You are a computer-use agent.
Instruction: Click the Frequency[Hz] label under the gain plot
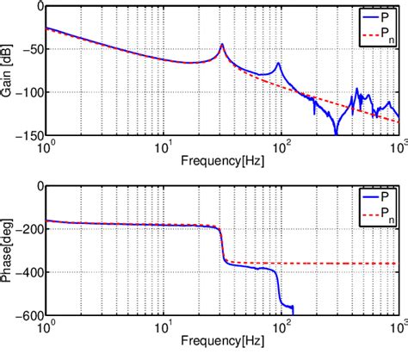click(222, 161)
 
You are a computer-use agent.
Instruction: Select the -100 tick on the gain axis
click(26, 91)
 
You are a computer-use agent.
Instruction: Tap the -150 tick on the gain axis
click(26, 134)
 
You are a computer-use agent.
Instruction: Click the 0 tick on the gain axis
click(37, 7)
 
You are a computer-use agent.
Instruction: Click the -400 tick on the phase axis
click(26, 272)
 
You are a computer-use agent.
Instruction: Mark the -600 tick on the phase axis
click(26, 314)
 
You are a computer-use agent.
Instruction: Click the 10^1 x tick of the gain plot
click(162, 146)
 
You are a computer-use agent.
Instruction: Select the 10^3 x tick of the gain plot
click(398, 146)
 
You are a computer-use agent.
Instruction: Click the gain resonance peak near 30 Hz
click(222, 45)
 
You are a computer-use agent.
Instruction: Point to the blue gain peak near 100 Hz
click(279, 64)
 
